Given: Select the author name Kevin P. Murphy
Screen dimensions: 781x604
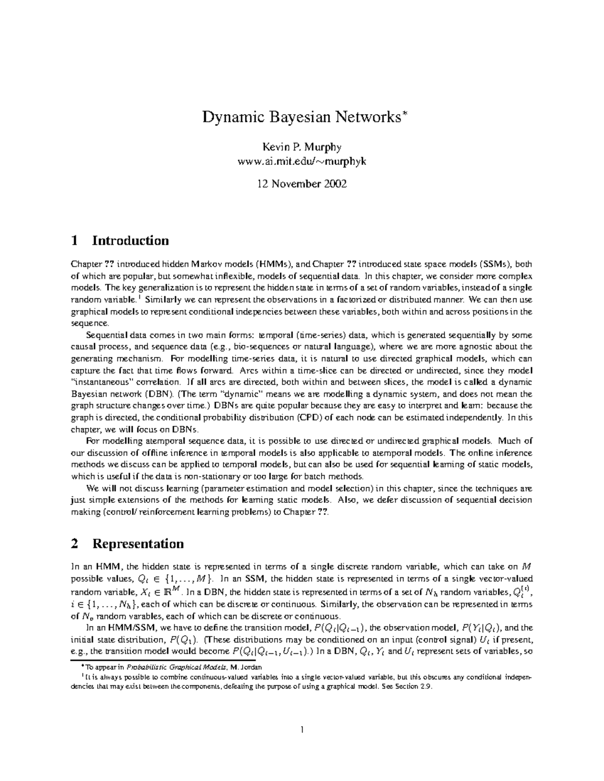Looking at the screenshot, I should [301, 147].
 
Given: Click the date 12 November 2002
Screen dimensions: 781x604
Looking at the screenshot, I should [301, 184].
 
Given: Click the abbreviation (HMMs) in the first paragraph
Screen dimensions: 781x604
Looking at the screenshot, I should [272, 264].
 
